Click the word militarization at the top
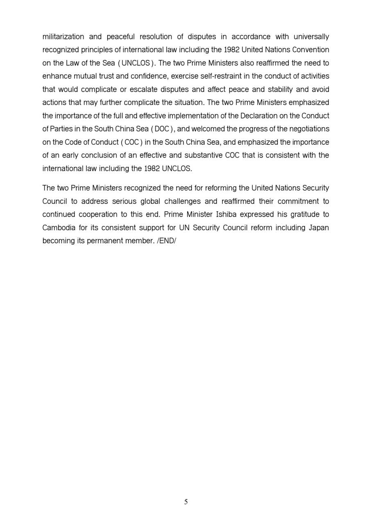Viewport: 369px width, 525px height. click(x=63, y=37)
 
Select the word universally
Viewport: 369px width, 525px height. click(x=311, y=37)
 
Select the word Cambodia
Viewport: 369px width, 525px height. click(x=59, y=228)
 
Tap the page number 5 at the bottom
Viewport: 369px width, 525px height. click(x=186, y=502)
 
